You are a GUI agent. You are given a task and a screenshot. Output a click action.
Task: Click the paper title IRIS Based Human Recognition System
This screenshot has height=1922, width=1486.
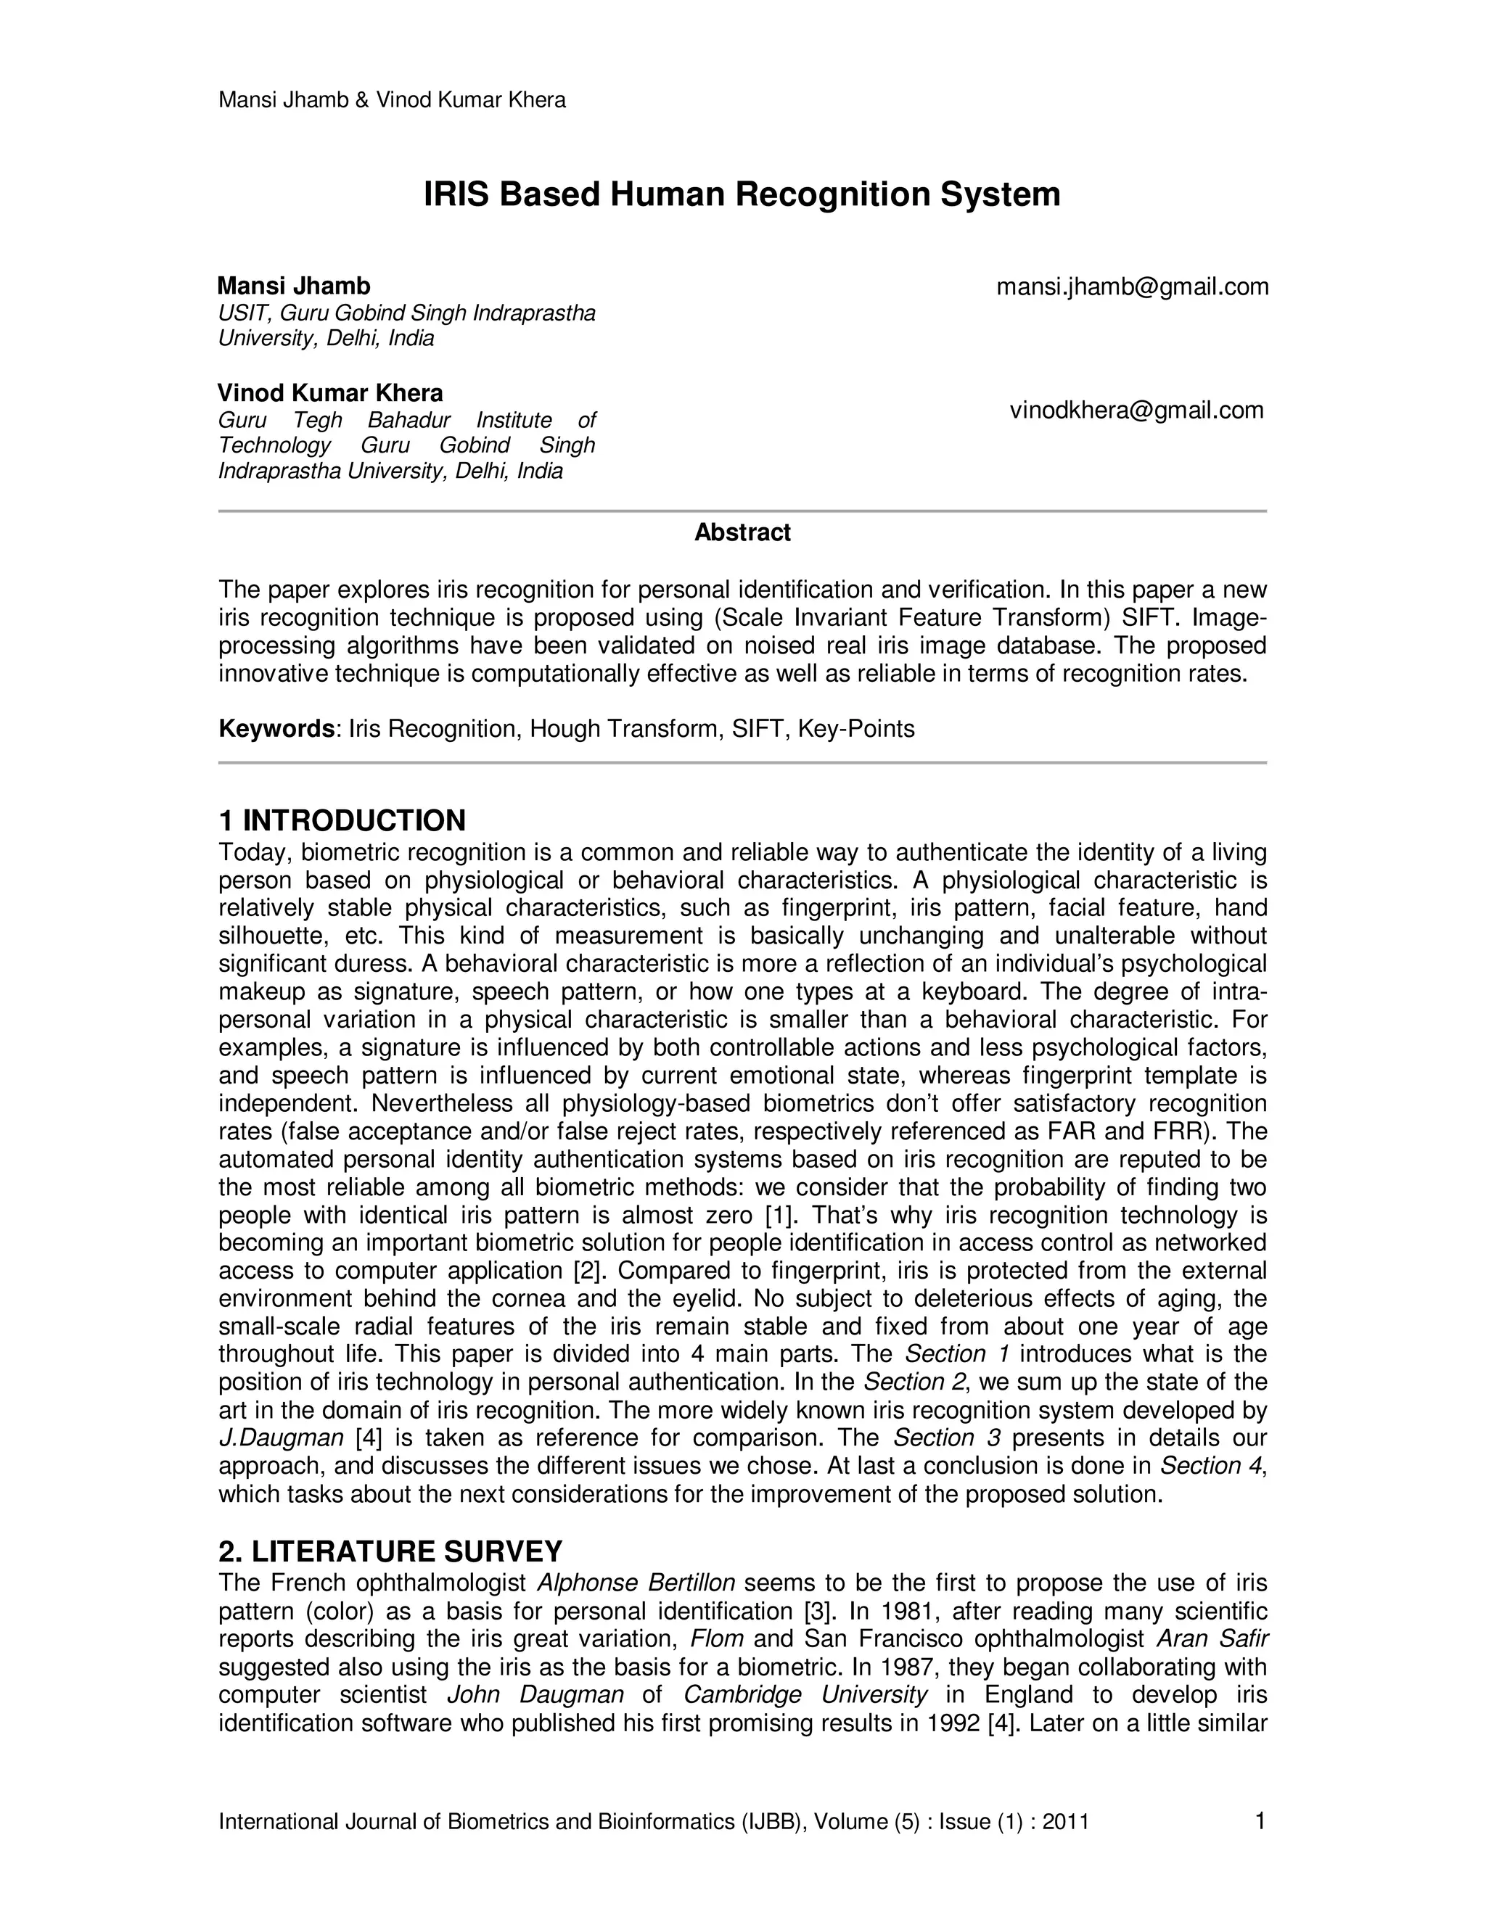click(x=742, y=194)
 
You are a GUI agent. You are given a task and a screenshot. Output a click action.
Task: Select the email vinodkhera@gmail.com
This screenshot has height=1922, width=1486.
click(x=1136, y=410)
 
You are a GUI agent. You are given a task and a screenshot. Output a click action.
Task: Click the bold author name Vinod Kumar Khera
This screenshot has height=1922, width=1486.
click(x=330, y=392)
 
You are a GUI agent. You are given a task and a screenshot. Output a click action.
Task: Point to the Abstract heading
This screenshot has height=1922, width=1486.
click(x=742, y=532)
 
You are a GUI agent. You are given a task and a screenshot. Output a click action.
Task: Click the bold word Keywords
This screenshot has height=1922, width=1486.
click(x=276, y=729)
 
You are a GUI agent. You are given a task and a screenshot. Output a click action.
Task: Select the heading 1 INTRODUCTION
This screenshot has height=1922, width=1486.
click(x=342, y=820)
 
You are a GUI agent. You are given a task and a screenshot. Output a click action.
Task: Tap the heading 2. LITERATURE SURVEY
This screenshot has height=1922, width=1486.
click(x=390, y=1551)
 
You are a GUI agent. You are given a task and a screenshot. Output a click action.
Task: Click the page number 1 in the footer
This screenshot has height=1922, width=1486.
click(x=1260, y=1820)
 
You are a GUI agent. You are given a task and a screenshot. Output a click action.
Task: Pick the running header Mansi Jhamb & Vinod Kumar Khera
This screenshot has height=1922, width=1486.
click(x=392, y=99)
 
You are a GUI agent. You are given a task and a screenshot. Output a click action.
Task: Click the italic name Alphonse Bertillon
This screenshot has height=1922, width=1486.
click(x=636, y=1583)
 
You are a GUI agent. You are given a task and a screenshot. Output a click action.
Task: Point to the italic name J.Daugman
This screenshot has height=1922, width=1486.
click(x=281, y=1438)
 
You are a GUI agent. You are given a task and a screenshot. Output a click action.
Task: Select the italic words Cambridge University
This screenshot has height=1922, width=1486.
click(x=805, y=1695)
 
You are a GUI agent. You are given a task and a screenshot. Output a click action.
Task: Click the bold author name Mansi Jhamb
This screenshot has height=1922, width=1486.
click(x=294, y=286)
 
